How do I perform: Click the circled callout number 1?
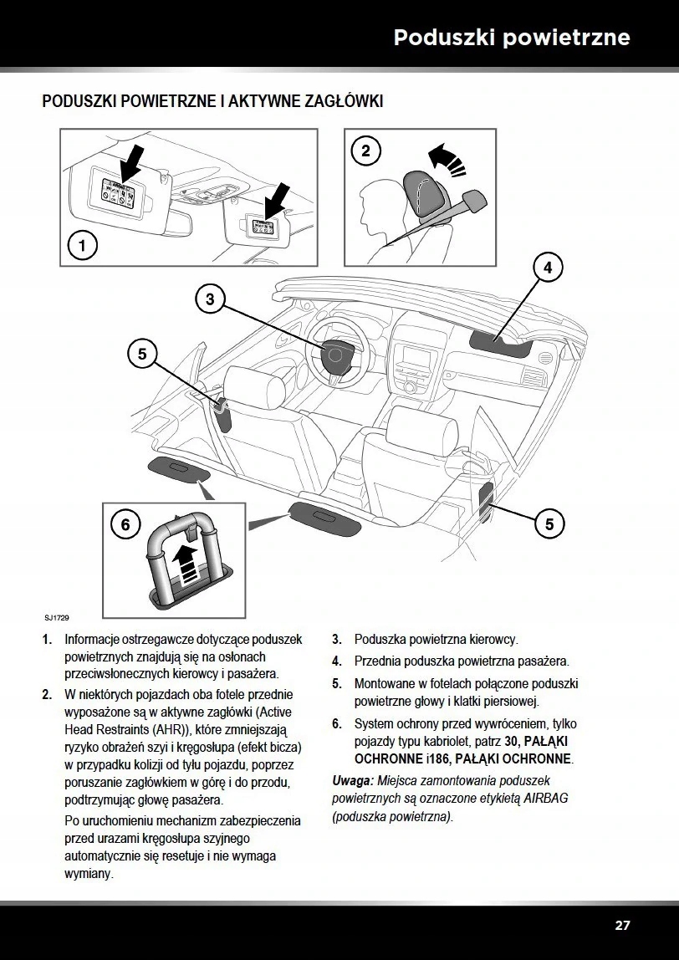point(81,246)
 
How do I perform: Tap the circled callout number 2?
point(365,151)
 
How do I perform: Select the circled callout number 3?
point(210,299)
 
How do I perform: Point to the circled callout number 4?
point(548,268)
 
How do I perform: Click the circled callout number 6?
point(125,524)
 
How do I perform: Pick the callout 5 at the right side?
point(549,524)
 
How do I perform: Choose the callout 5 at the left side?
point(142,354)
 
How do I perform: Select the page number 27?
point(622,925)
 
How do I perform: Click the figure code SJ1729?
point(57,618)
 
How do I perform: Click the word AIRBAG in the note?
point(545,799)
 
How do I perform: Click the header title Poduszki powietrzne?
point(512,38)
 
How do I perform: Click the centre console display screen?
point(417,356)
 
